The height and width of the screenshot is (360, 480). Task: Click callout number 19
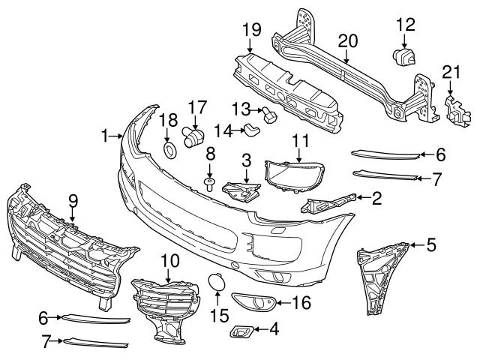(x=251, y=30)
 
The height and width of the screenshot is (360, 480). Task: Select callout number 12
(x=405, y=24)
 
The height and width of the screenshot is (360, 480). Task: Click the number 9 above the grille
(x=73, y=200)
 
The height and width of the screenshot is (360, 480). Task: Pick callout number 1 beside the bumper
(x=105, y=136)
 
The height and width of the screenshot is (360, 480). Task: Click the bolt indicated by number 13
(x=268, y=115)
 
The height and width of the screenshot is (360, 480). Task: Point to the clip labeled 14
(x=252, y=131)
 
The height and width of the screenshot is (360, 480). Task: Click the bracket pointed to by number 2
(x=327, y=202)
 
